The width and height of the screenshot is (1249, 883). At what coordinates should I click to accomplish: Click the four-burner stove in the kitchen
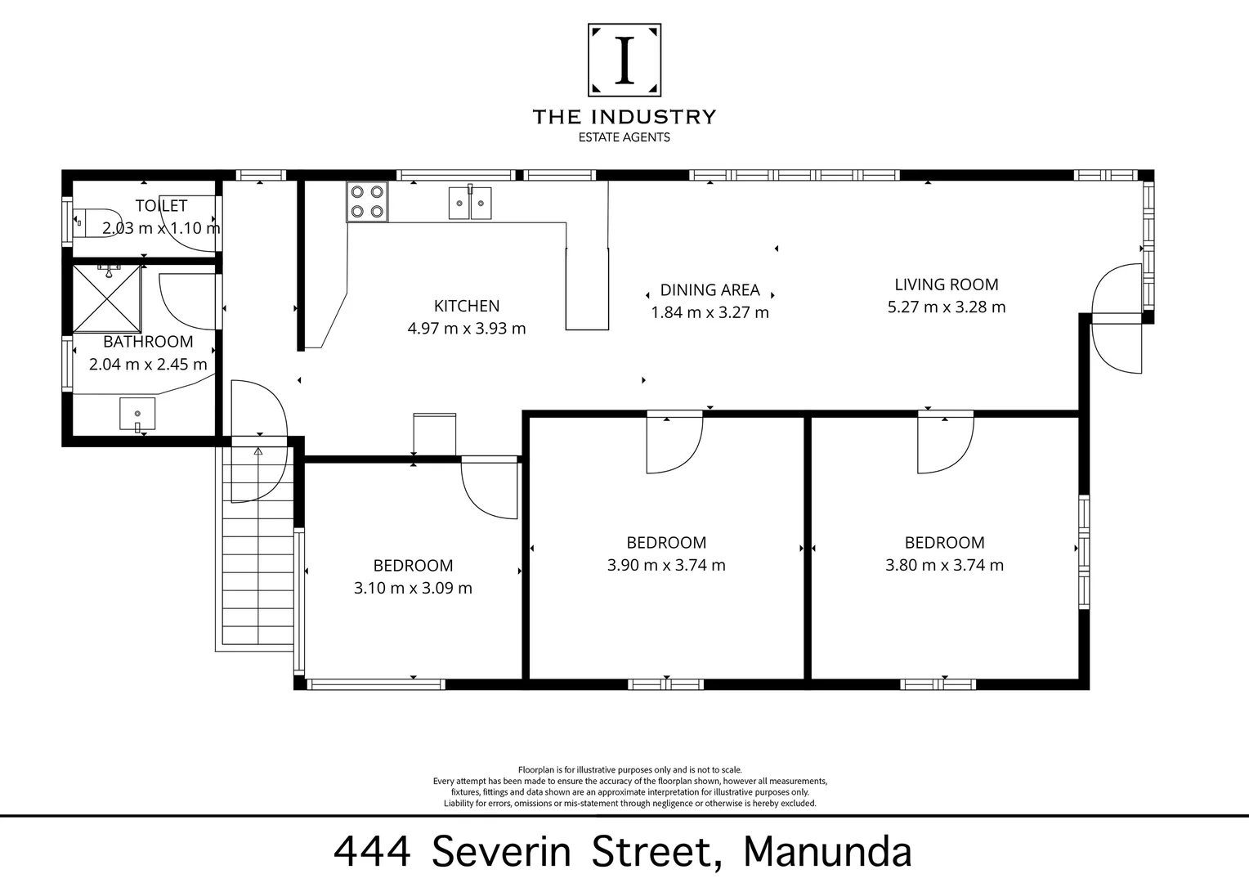[366, 202]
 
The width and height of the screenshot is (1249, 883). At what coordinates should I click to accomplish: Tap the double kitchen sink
[470, 203]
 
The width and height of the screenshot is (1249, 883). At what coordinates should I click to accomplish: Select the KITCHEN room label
[466, 306]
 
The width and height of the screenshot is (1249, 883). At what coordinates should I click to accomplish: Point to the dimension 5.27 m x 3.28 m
[947, 307]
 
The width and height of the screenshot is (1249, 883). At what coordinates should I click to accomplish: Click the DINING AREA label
[710, 289]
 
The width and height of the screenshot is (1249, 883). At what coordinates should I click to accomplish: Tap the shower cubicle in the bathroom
[107, 298]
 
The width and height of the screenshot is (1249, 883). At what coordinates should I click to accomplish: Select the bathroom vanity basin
[137, 414]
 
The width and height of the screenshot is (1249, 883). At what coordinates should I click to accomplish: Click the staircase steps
[258, 556]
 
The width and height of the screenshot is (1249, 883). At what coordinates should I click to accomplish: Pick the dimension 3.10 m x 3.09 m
[413, 588]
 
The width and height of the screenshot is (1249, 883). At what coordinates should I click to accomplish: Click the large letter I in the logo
[624, 61]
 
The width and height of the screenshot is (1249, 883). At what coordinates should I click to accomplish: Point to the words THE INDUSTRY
[624, 117]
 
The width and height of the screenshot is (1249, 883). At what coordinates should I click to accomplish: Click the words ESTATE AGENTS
[624, 137]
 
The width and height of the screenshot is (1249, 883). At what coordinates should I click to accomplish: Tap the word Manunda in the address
[826, 851]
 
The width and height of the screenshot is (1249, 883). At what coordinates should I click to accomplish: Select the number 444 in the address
[372, 851]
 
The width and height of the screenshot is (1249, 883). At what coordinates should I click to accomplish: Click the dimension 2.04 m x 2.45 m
[148, 365]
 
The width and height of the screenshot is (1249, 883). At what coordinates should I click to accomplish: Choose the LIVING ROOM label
[947, 285]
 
